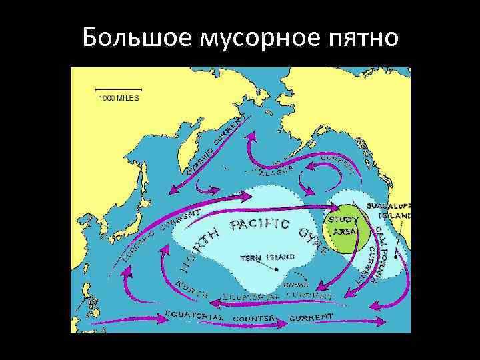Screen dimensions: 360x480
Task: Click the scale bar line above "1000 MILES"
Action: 119,89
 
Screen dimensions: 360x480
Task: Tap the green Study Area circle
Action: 347,227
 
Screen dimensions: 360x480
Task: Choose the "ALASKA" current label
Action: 277,171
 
